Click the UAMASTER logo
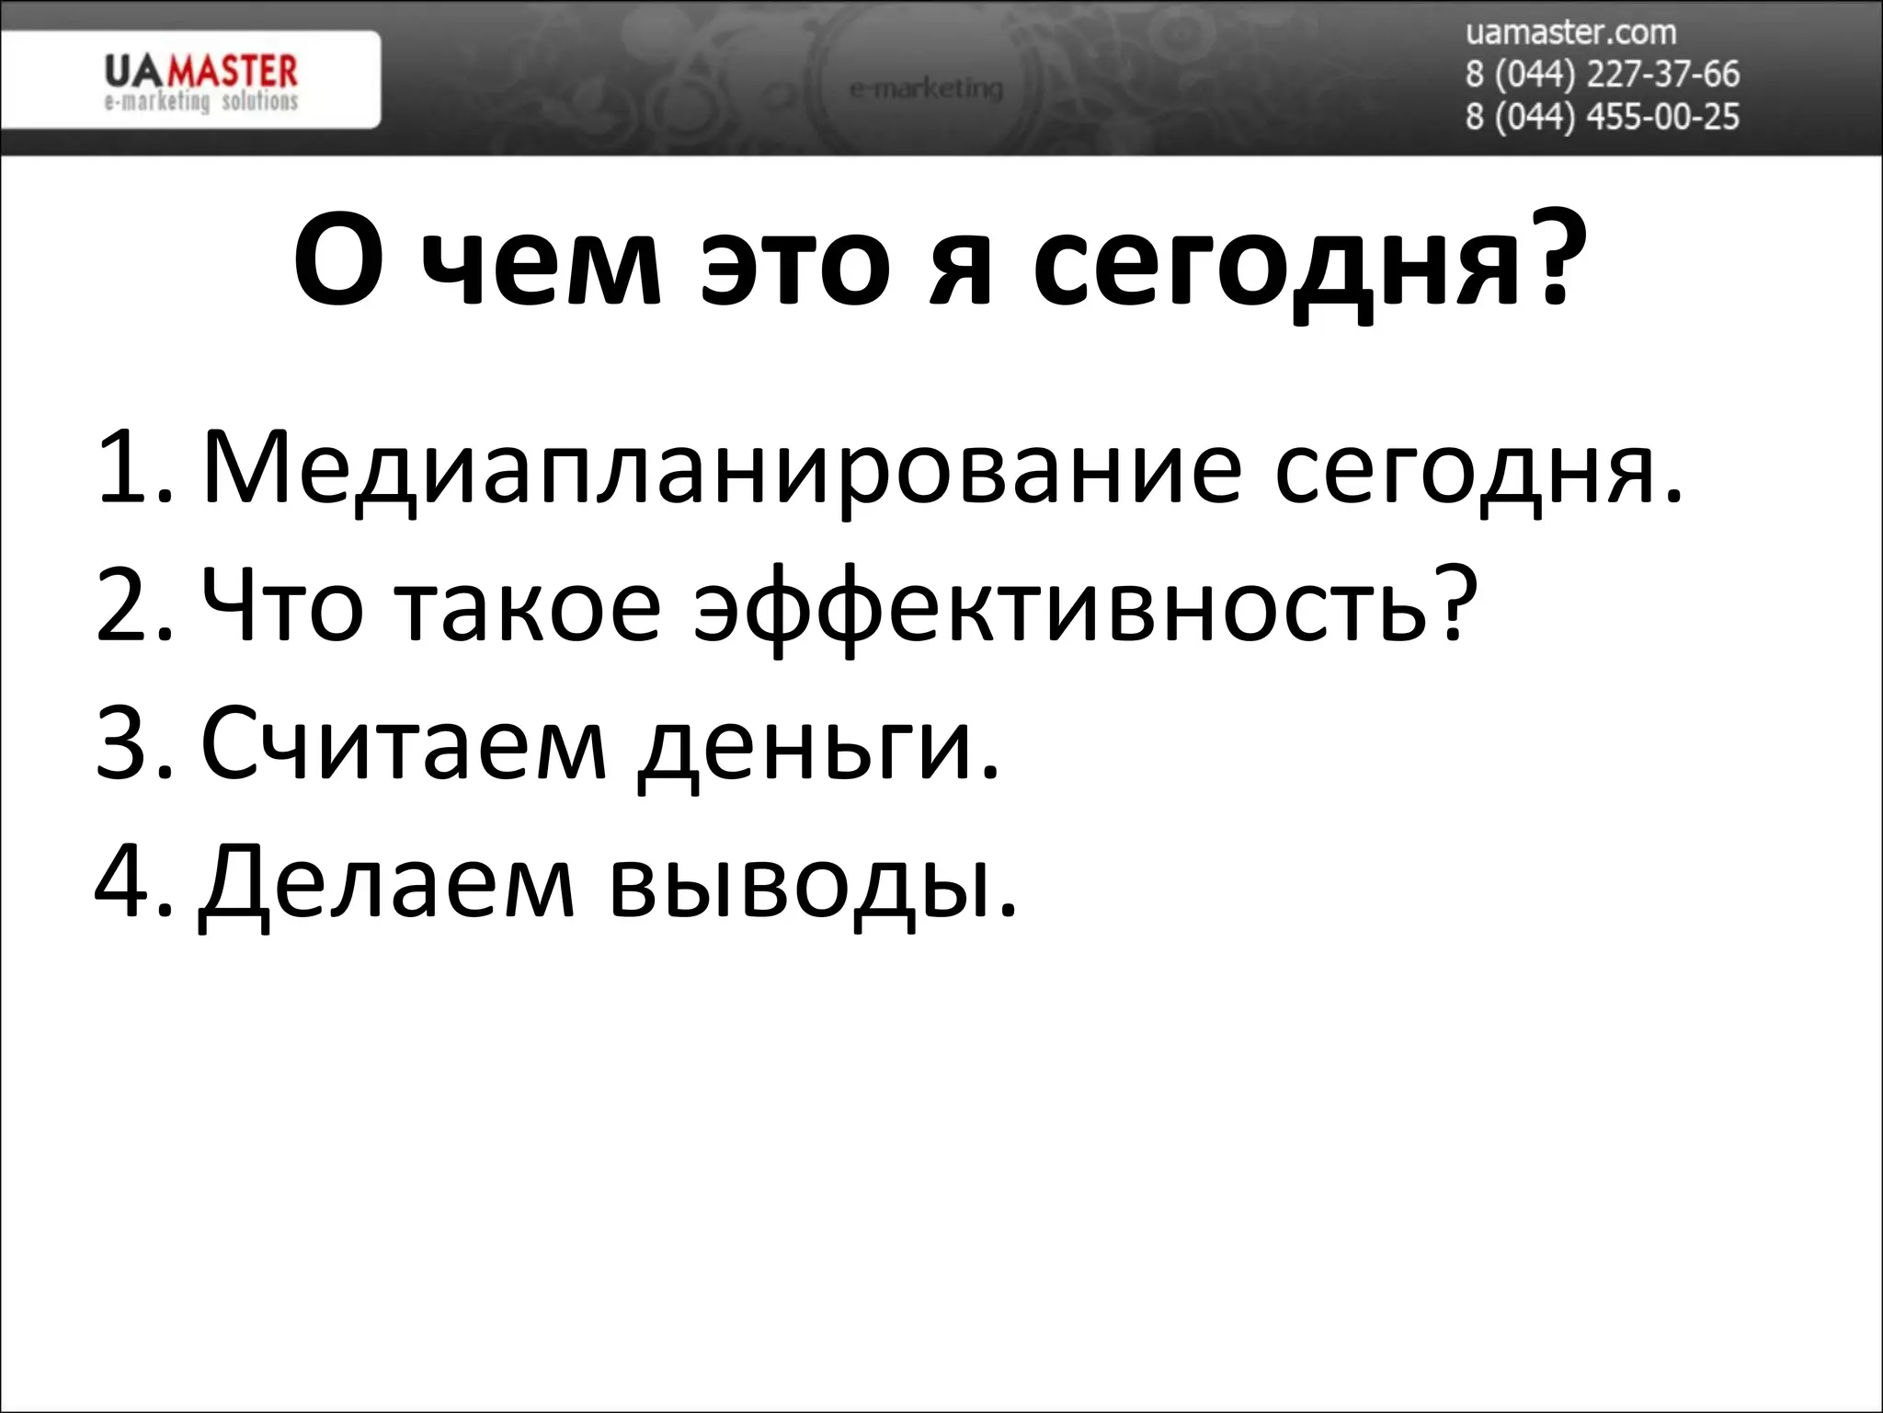pos(200,82)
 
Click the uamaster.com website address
pos(1569,33)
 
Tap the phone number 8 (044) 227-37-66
pos(1602,75)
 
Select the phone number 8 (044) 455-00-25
pos(1602,117)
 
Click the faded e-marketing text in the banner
pos(925,89)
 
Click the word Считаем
pos(404,743)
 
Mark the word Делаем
pos(387,883)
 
